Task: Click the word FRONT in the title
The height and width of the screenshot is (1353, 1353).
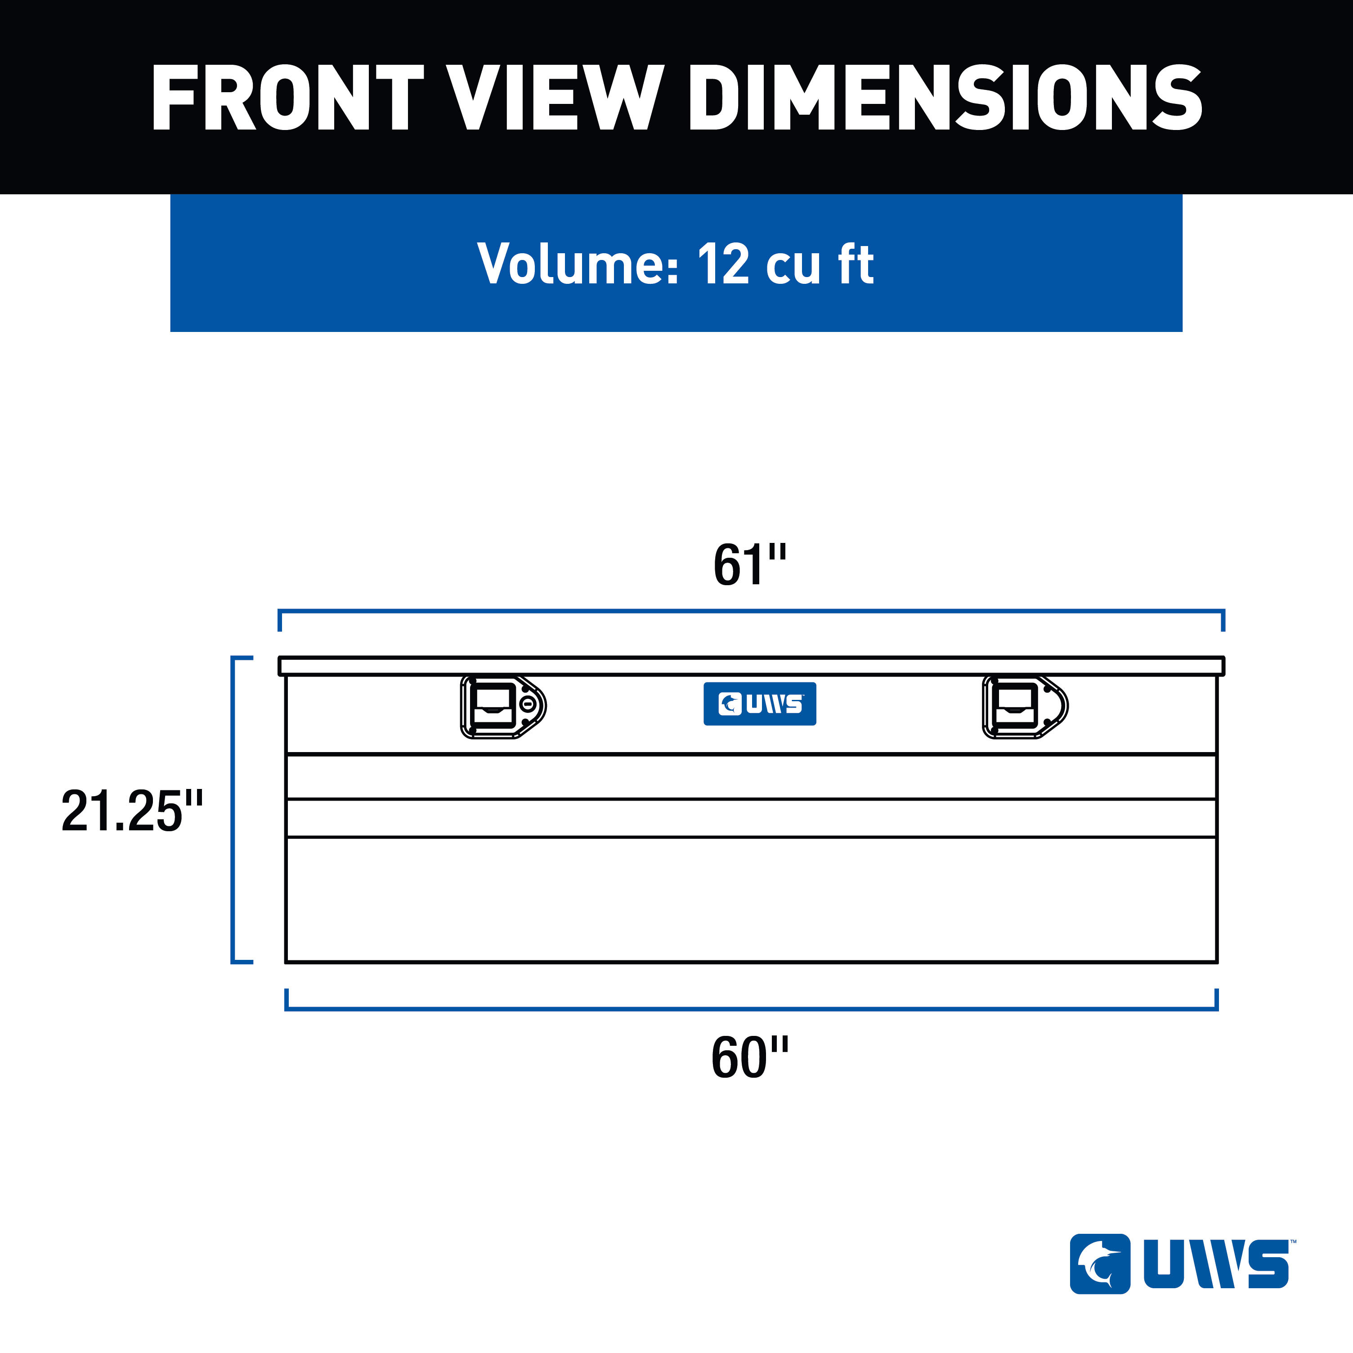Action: click(288, 98)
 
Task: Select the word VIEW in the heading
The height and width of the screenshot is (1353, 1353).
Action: click(556, 98)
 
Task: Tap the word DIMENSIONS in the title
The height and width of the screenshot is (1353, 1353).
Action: click(946, 98)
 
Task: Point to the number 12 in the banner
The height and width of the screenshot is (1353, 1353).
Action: click(723, 264)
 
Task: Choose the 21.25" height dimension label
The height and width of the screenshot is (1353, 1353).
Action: click(132, 811)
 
